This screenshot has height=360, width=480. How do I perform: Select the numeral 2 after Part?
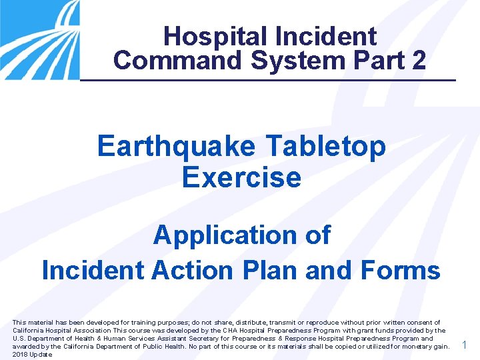point(419,60)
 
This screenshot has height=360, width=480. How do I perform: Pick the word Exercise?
point(241,178)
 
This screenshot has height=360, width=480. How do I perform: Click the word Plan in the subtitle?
point(257,270)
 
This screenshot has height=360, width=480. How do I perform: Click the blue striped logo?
point(39,40)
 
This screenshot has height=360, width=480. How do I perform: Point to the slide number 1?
point(465,345)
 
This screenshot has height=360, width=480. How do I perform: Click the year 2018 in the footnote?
point(20,354)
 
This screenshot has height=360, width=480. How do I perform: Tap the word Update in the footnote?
point(40,354)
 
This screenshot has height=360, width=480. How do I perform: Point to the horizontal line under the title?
point(267,80)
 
